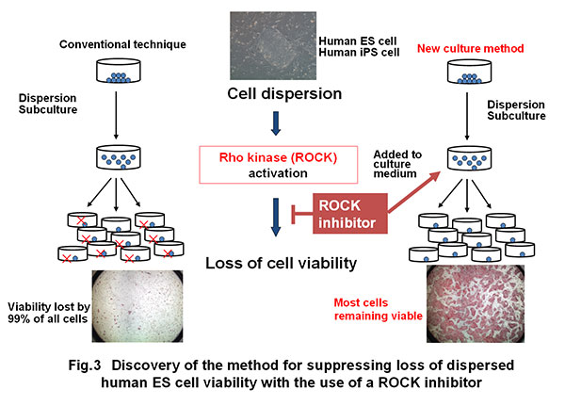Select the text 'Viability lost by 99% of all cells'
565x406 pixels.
pyautogui.click(x=44, y=312)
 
